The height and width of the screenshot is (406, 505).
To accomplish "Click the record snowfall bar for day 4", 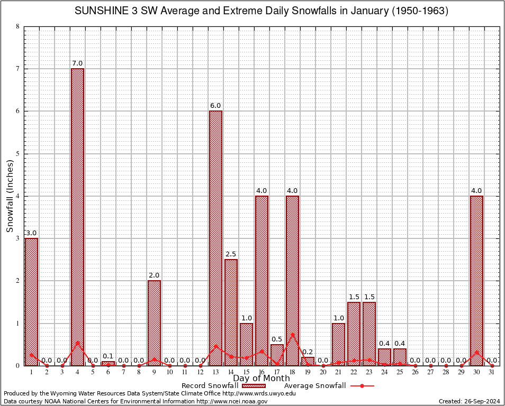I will [x=77, y=217].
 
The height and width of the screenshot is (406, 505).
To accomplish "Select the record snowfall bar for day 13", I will [x=215, y=238].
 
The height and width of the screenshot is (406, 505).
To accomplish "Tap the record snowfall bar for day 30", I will [x=476, y=280].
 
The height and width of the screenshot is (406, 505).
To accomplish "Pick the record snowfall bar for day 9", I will [x=154, y=322].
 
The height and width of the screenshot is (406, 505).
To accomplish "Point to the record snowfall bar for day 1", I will [x=31, y=301].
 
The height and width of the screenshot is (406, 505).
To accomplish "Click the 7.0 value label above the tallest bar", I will [x=77, y=63].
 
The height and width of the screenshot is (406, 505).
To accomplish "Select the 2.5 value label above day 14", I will [x=231, y=254].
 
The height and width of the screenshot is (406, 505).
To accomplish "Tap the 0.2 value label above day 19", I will [x=308, y=352].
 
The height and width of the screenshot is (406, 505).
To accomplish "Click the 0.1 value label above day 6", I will [x=108, y=356].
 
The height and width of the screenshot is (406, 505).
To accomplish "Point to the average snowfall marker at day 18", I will [x=292, y=334].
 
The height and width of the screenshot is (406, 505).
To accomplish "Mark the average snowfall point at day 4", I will [x=77, y=342].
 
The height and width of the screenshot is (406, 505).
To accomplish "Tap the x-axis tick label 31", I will [x=492, y=372].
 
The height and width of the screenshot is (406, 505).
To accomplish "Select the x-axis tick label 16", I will [x=261, y=372].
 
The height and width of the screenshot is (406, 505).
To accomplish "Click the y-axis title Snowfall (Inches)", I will [x=10, y=196].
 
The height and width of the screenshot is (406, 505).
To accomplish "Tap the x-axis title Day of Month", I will [x=261, y=379].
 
